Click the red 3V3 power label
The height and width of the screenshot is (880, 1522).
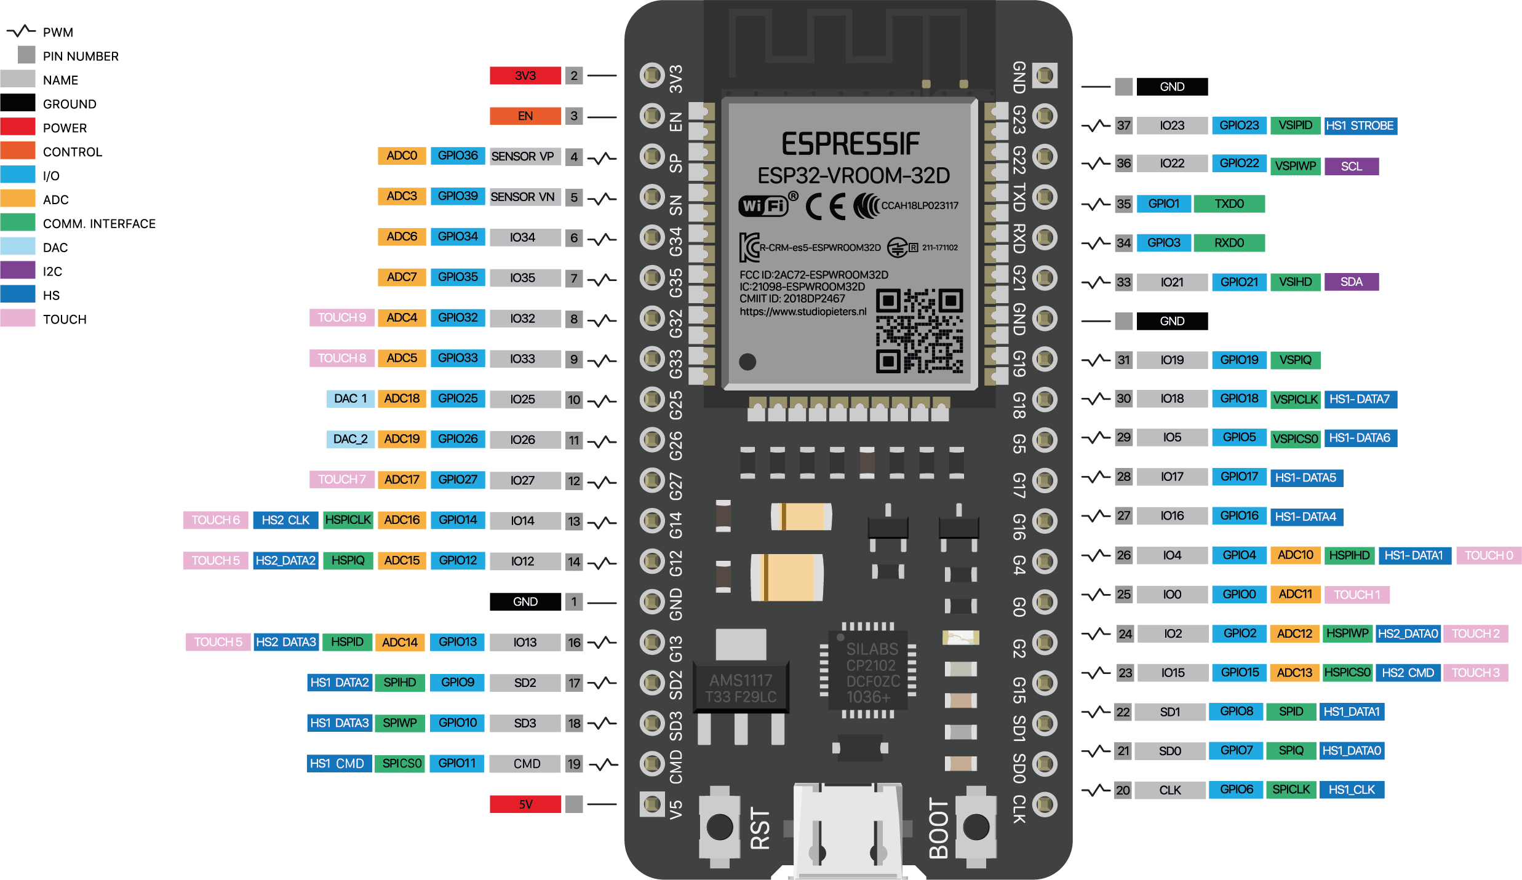525,76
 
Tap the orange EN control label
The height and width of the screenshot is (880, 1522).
525,116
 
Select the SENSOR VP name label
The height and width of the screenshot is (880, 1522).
522,156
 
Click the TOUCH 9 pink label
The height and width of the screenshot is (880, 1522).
341,318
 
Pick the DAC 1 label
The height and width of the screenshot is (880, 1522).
350,398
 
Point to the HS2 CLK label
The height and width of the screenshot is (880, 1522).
285,520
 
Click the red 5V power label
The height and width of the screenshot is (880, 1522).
525,804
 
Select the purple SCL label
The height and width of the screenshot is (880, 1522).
1351,166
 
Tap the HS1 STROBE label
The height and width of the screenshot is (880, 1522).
1360,126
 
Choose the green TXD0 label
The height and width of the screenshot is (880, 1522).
1229,204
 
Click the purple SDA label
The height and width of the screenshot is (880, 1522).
1351,282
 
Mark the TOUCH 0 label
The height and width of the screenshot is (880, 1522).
1488,555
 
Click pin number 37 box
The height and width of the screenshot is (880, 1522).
1123,126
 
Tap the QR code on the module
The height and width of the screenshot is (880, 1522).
919,331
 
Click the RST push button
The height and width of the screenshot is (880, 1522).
719,826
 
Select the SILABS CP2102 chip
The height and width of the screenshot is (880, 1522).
867,672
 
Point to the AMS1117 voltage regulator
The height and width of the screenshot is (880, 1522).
741,688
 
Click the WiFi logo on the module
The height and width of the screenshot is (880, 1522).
763,206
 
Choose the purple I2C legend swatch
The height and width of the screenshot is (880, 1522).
18,271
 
